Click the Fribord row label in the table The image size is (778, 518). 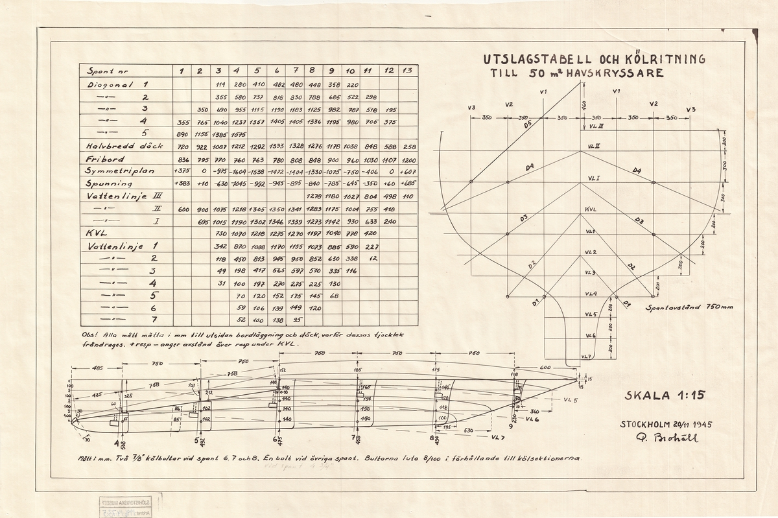102,158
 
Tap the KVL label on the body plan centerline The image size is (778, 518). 589,210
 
